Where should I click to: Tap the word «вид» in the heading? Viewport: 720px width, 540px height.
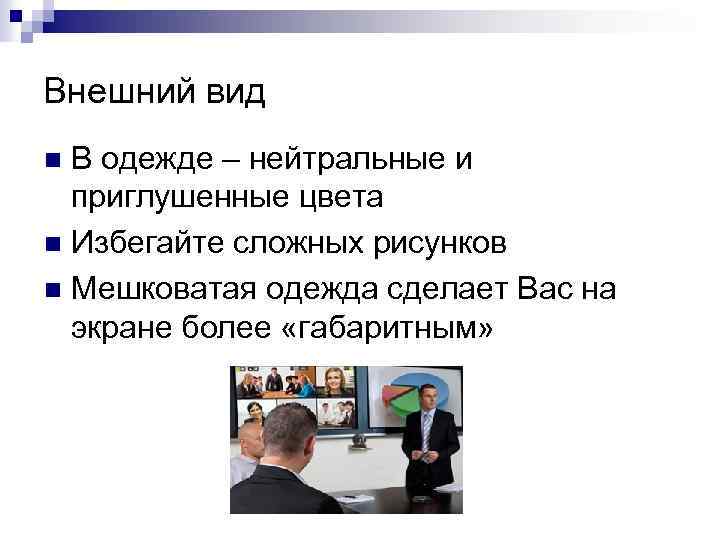click(x=236, y=93)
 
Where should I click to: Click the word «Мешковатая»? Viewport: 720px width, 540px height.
click(x=162, y=288)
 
